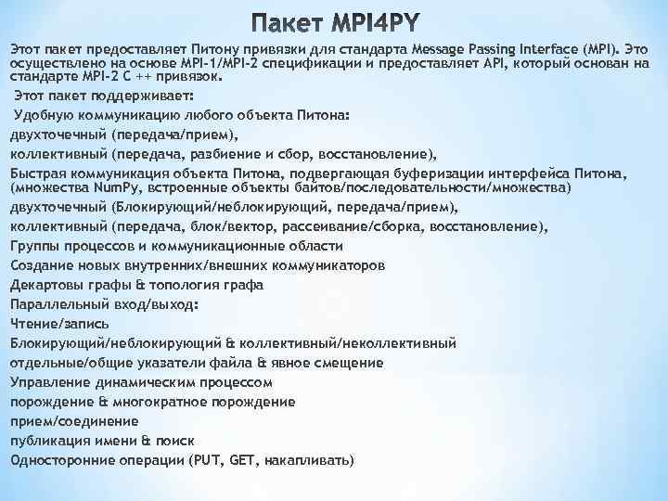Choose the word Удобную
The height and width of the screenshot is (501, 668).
tap(41, 115)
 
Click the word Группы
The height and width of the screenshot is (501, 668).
tap(33, 245)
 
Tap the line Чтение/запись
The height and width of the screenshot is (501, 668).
tap(60, 323)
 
